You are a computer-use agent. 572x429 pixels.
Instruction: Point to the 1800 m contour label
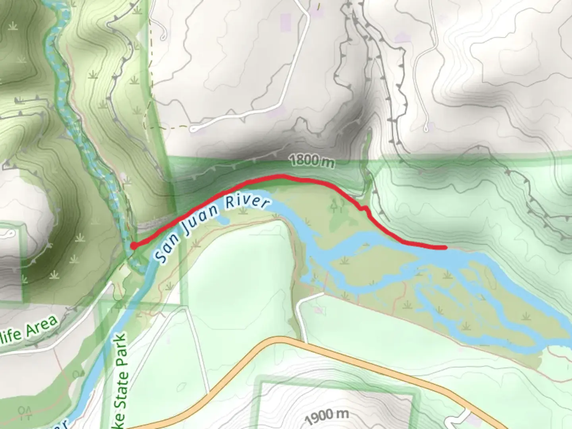tap(312, 161)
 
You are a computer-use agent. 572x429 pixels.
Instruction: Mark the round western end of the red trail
tap(134, 246)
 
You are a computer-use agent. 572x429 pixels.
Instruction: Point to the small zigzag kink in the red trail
tap(363, 207)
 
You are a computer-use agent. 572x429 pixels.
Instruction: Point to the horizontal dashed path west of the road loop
tap(167, 128)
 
